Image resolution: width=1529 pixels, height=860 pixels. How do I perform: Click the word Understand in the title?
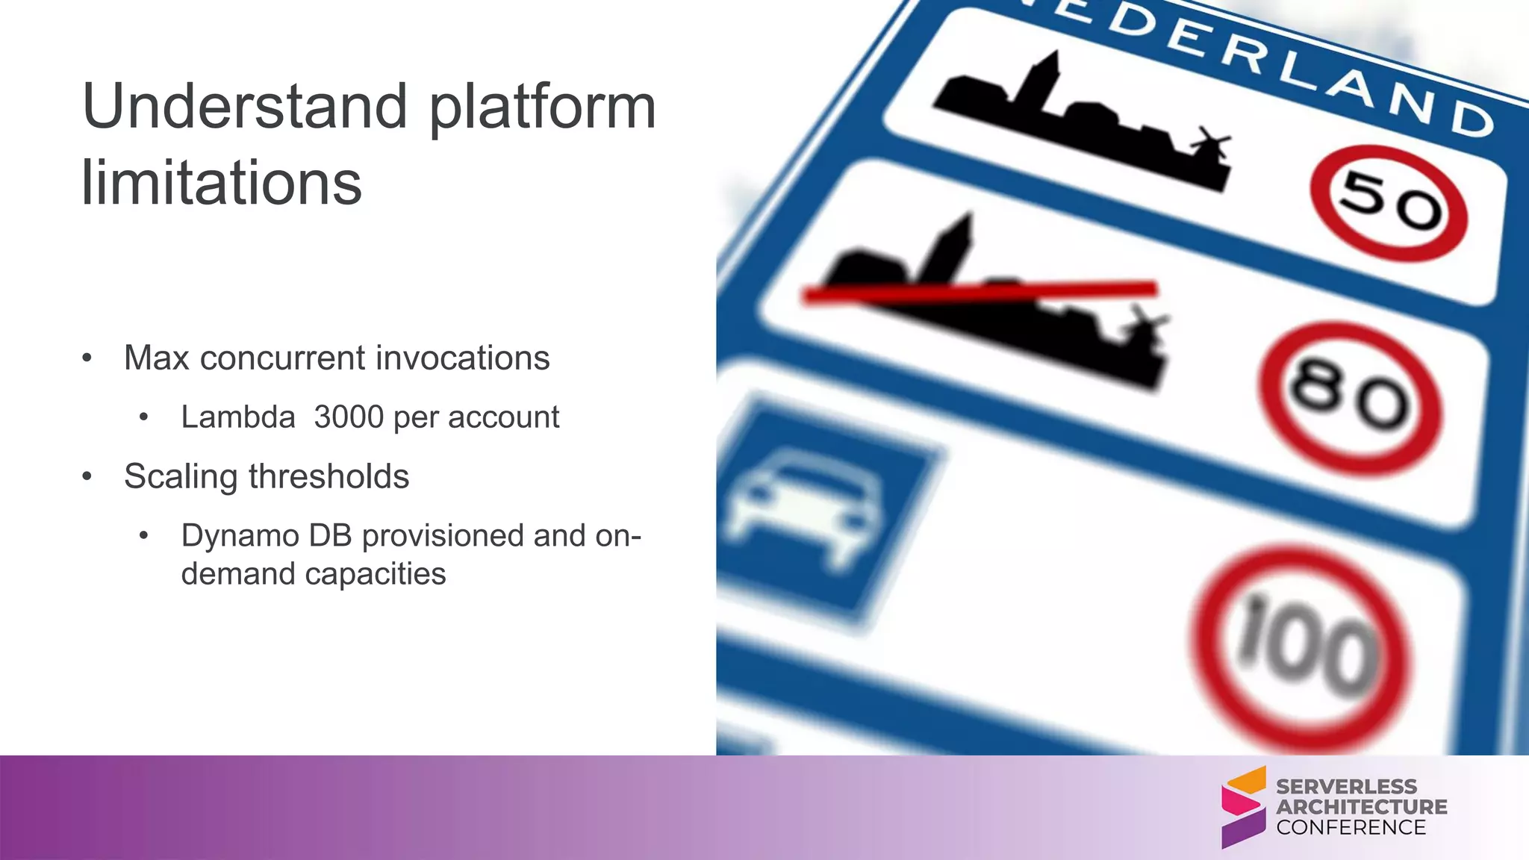pos(245,107)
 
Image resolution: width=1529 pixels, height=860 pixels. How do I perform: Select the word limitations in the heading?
pos(221,183)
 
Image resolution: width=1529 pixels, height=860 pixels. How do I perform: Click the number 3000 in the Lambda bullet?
pos(349,417)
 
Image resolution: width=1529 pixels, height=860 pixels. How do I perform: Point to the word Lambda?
pos(238,417)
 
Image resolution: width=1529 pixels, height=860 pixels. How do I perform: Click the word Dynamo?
pos(240,535)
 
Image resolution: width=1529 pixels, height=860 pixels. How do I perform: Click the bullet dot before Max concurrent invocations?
pos(87,358)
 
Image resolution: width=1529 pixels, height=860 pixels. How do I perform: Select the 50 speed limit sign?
pos(1388,203)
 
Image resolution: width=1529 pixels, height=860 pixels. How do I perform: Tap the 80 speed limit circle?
pos(1350,397)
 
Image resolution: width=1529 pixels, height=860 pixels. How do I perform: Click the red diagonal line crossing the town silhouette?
pos(978,292)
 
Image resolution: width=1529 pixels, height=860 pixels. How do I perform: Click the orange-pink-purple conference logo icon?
pos(1243,806)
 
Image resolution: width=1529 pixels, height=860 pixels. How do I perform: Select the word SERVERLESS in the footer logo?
pos(1346,787)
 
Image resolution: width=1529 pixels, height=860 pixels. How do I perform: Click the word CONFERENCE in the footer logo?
pos(1351,827)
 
